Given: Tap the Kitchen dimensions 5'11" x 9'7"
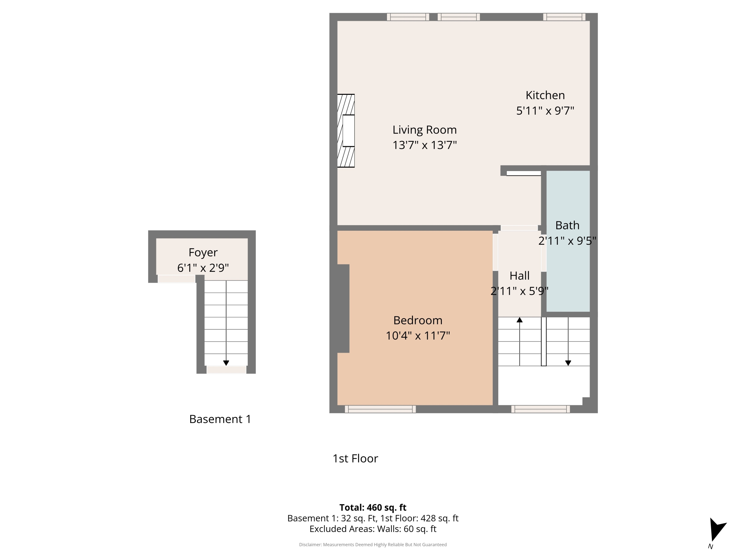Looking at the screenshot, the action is click(545, 111).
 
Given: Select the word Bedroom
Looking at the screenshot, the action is click(418, 320).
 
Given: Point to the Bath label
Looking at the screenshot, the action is click(567, 225).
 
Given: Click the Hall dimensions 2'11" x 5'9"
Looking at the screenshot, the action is click(519, 291).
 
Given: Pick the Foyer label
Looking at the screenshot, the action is click(203, 253).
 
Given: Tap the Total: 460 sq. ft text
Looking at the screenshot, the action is click(373, 507).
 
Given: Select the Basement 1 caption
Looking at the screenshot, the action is click(220, 419).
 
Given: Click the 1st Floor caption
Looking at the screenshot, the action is click(355, 459).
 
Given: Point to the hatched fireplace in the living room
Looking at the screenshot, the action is click(346, 131).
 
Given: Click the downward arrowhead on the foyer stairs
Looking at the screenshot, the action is click(226, 363).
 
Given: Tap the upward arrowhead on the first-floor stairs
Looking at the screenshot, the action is click(519, 320).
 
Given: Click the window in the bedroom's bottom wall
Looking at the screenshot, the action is click(380, 409).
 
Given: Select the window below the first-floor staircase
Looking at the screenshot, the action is click(541, 409).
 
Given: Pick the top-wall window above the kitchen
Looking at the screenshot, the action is click(564, 17).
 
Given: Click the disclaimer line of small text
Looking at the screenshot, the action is click(373, 545).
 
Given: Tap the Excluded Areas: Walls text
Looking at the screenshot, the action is click(373, 529).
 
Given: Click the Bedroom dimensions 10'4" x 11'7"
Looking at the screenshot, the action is click(418, 335).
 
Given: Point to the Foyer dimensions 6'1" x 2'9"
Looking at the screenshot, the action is click(203, 268).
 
